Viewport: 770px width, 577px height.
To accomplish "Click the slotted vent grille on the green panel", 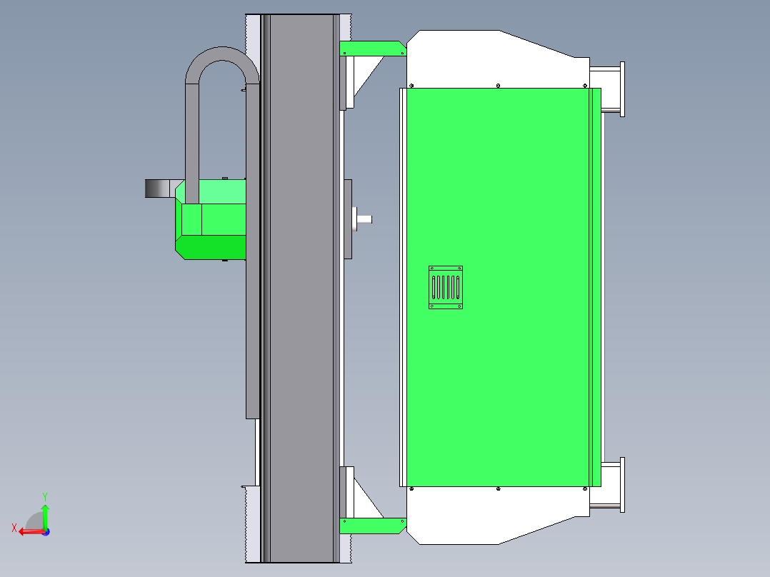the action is [446, 287].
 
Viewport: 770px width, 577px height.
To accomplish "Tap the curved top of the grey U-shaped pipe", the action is [222, 54].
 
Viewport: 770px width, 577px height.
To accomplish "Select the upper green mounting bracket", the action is [373, 48].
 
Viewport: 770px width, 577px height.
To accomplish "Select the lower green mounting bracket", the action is [373, 526].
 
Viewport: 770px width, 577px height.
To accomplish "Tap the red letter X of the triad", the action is [14, 528].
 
